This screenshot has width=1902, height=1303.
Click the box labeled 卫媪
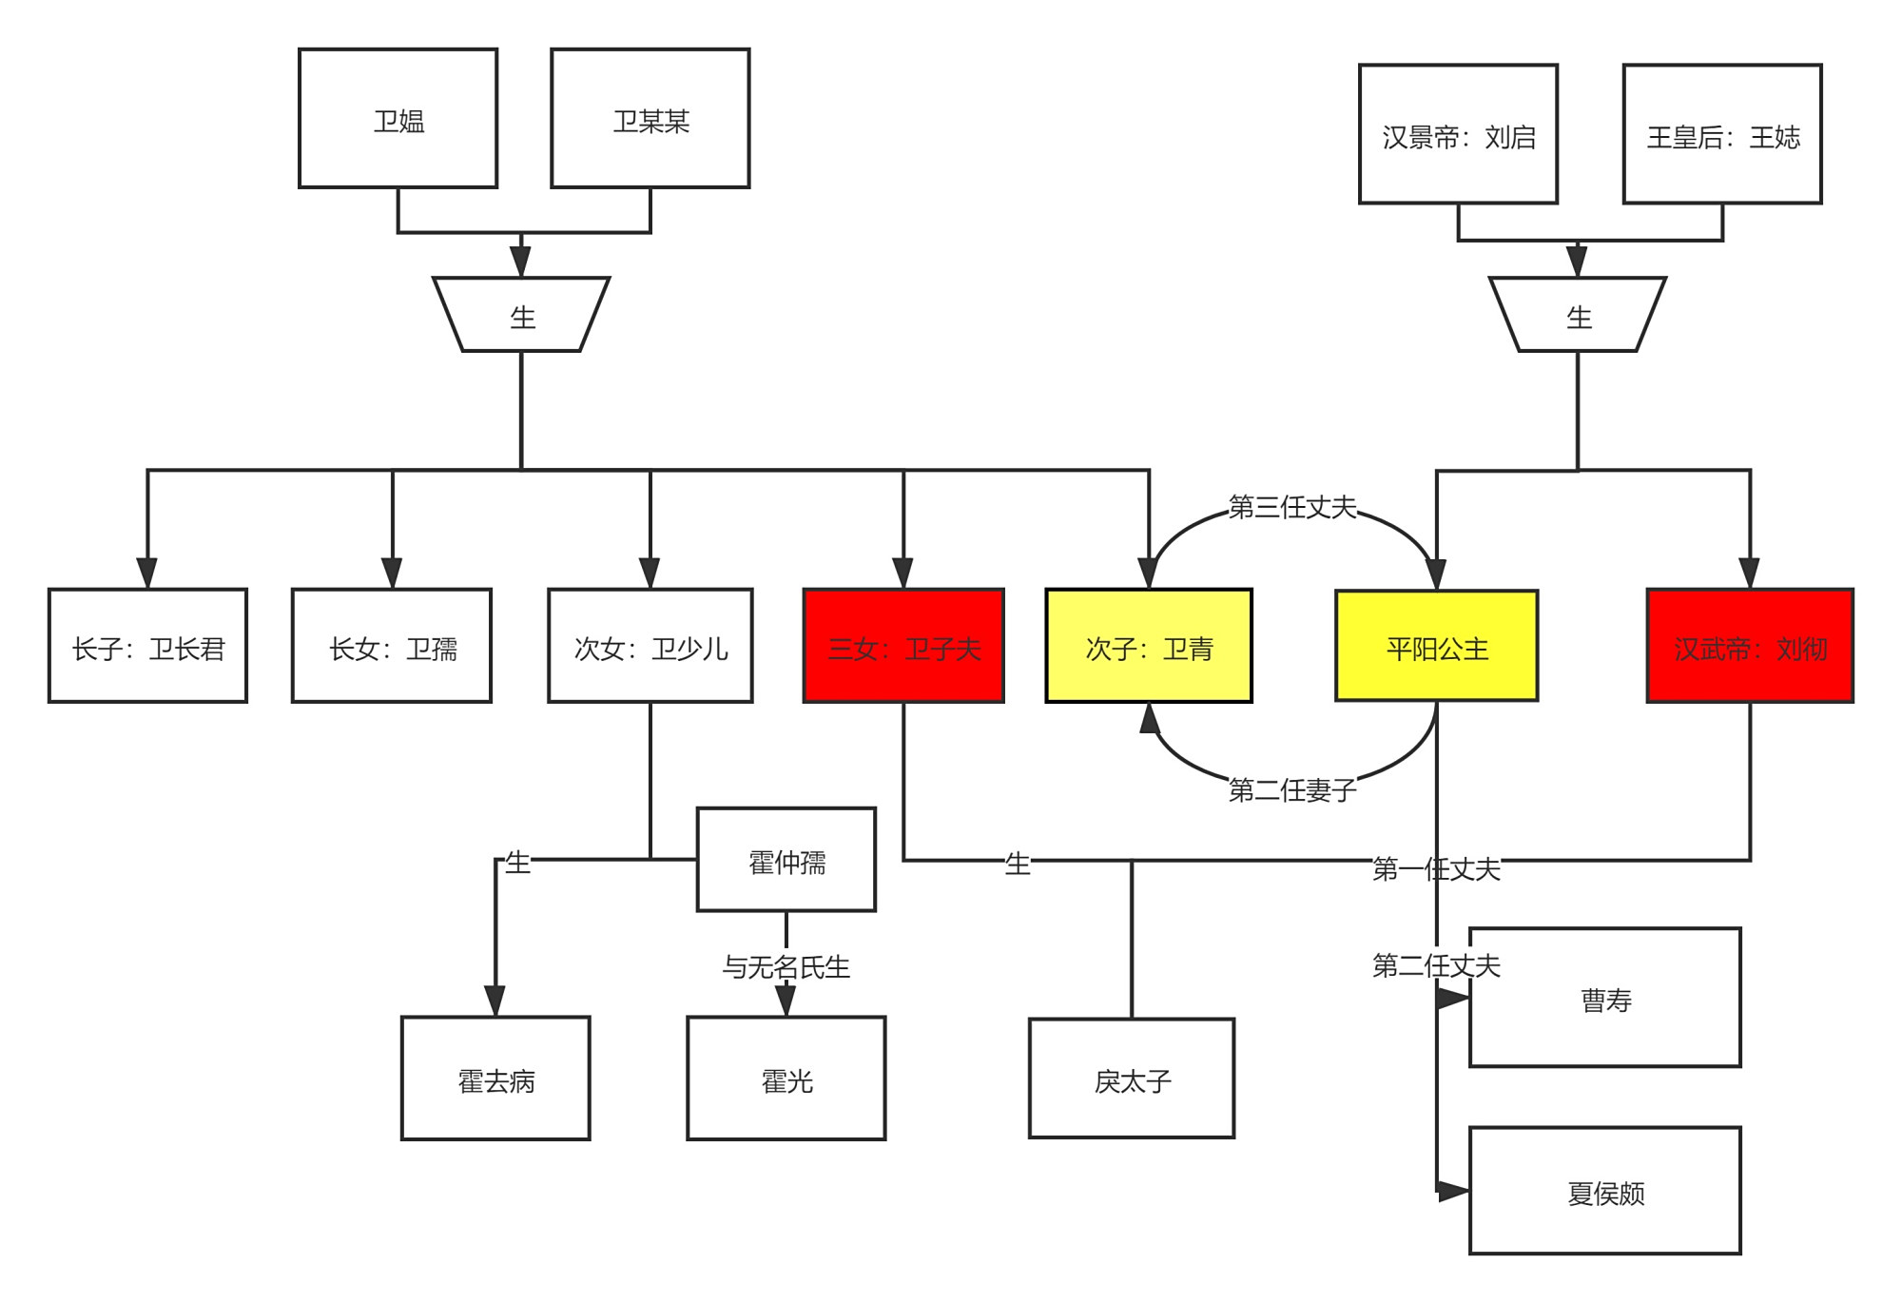tap(398, 119)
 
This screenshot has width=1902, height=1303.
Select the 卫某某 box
tap(650, 119)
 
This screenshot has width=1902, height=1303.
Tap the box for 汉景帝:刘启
tap(1458, 134)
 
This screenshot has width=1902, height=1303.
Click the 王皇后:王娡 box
tap(1722, 134)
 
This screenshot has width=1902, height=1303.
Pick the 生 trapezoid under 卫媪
tap(521, 315)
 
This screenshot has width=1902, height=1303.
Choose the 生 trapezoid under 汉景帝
tap(1578, 315)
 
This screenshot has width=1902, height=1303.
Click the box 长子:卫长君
tap(147, 646)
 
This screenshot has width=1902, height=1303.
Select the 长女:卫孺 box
tap(392, 646)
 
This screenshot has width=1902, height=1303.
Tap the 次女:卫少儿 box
tap(650, 646)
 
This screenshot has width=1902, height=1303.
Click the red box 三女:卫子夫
tap(903, 646)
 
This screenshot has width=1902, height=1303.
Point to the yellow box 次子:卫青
tap(1149, 646)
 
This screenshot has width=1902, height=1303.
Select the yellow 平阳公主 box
tap(1436, 646)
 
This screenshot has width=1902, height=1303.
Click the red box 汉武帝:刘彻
tap(1750, 646)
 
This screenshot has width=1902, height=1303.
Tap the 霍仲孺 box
tap(786, 860)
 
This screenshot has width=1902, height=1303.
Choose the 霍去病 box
tap(495, 1079)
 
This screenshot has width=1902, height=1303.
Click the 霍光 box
tap(786, 1079)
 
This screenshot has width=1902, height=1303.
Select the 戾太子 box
tap(1132, 1079)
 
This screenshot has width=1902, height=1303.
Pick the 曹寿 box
tap(1605, 998)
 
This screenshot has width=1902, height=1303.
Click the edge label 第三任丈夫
tap(1291, 507)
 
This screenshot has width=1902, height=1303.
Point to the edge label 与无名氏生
tap(786, 967)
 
